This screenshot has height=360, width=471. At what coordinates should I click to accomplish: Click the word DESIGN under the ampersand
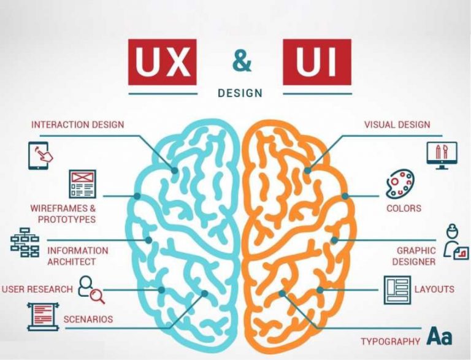coord(240,93)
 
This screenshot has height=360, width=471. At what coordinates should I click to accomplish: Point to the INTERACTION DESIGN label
coord(77,124)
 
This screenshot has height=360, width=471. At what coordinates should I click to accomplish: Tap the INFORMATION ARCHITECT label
coord(77,256)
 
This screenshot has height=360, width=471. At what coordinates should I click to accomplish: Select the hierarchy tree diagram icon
coord(25,243)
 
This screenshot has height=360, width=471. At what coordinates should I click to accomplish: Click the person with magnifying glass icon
coord(91,289)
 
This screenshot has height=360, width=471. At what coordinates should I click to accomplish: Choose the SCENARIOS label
coord(88,319)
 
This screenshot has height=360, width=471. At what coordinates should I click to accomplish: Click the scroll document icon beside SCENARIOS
coord(42,316)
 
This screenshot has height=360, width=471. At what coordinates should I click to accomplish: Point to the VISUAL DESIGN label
coord(397,124)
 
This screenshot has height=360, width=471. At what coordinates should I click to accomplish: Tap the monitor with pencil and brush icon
coord(442,156)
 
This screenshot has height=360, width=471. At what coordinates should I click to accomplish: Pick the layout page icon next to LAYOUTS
coord(397,289)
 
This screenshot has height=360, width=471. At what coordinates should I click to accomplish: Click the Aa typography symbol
coord(440,335)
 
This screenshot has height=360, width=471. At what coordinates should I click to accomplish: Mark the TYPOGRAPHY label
coord(391,341)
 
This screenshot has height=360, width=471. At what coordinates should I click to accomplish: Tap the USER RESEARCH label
coord(37,289)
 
